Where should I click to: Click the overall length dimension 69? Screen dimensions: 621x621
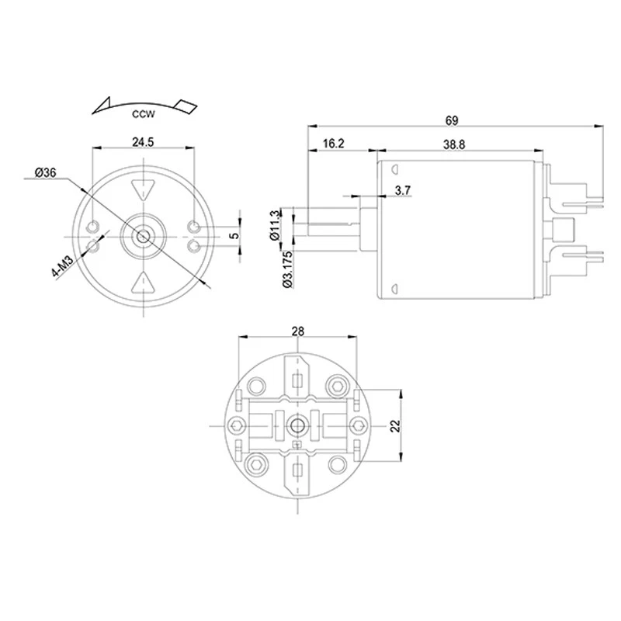click(453, 120)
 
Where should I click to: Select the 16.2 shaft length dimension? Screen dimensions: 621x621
click(333, 144)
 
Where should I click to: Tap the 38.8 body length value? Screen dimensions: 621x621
click(455, 144)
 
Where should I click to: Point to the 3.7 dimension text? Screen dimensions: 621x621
click(403, 190)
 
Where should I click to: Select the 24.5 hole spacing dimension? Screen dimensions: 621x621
click(143, 142)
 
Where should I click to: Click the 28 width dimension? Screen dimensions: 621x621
click(298, 331)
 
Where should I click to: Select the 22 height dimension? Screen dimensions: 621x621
click(394, 425)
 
